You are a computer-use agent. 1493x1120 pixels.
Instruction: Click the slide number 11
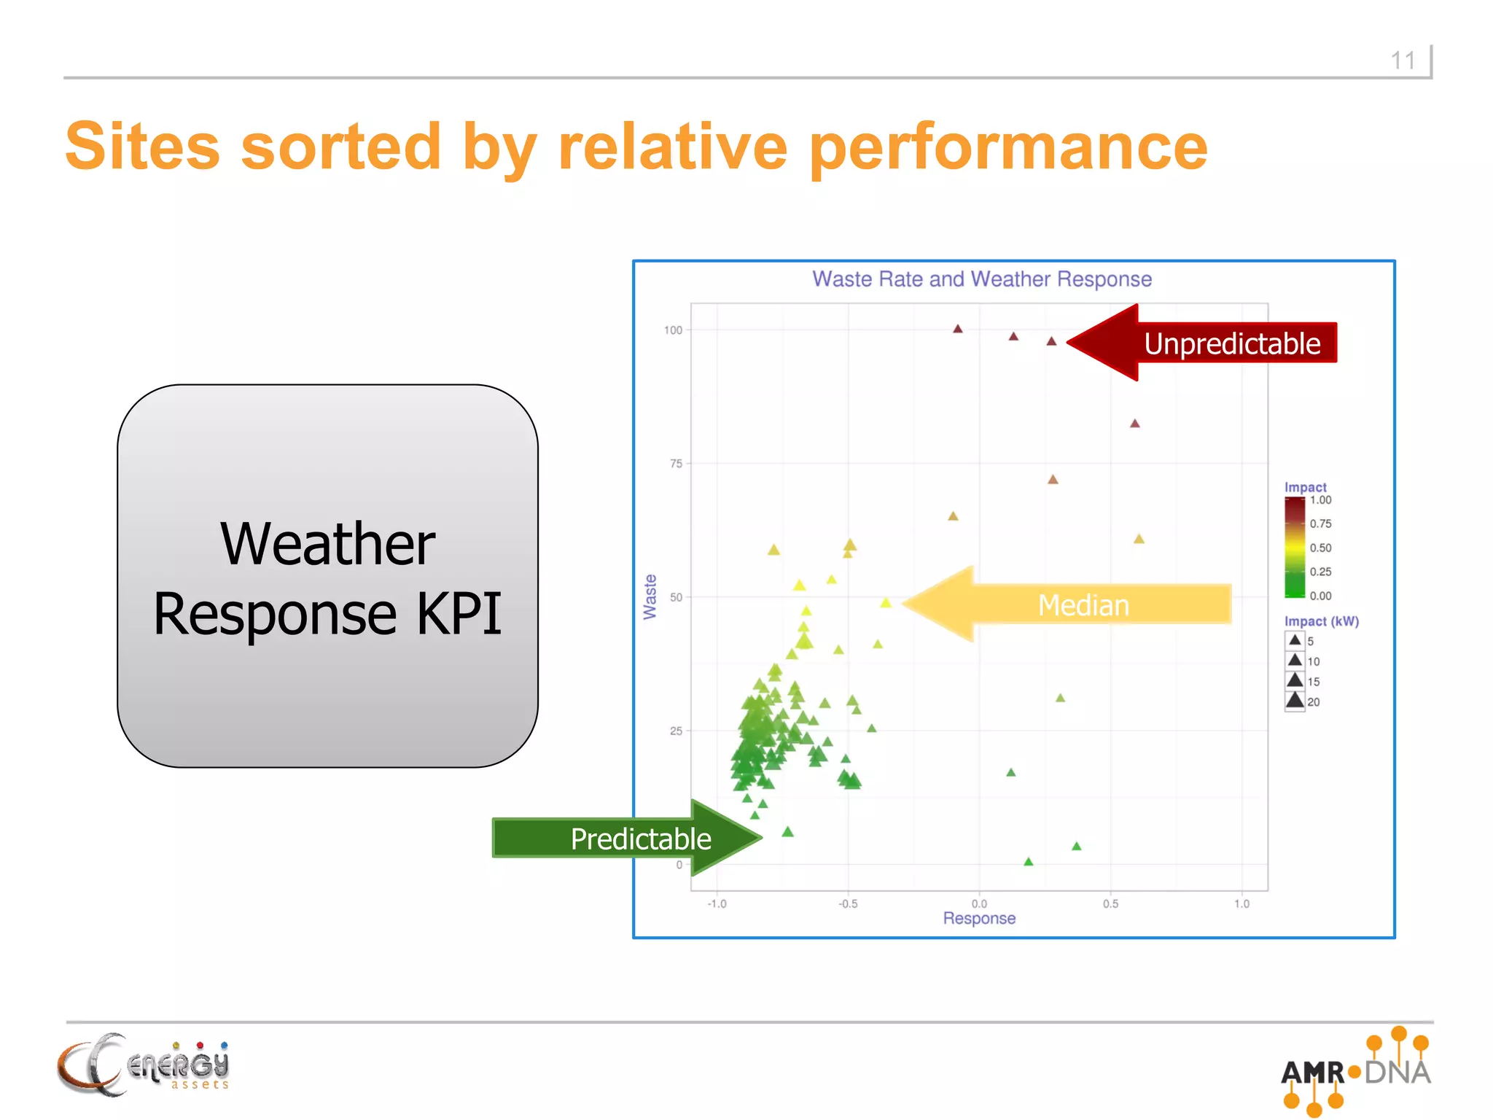click(x=1403, y=61)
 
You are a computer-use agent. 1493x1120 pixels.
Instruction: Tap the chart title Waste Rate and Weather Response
click(x=981, y=279)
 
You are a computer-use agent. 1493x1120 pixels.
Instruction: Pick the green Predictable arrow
click(x=627, y=839)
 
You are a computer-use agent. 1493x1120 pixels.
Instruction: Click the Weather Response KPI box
click(x=328, y=576)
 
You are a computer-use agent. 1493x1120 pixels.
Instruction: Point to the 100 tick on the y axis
click(x=673, y=330)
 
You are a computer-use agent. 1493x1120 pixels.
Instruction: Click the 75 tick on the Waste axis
click(x=676, y=464)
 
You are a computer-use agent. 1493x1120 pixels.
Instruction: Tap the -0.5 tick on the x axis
click(x=848, y=904)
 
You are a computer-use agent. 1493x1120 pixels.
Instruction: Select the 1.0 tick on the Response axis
click(x=1241, y=904)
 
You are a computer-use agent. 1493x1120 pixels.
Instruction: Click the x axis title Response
click(x=979, y=919)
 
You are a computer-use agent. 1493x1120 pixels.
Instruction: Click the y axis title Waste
click(x=650, y=596)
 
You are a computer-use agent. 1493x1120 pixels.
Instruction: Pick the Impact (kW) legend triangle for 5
click(x=1295, y=641)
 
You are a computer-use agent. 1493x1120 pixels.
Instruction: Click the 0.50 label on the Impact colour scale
click(x=1320, y=548)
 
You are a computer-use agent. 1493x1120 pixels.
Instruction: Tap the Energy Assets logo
click(x=144, y=1065)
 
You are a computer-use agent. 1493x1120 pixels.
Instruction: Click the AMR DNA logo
click(x=1356, y=1071)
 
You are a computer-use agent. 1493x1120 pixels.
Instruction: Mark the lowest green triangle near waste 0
click(x=1029, y=862)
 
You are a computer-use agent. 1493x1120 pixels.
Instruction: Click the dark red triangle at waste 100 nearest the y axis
click(x=958, y=329)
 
